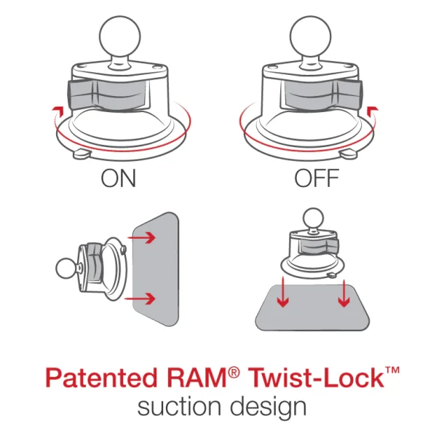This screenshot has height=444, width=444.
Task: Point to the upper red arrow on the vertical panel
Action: click(145, 236)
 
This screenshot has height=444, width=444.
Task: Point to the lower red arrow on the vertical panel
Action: click(145, 298)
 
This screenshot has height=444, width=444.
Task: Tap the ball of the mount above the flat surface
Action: click(313, 218)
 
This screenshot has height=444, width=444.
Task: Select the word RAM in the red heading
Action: click(204, 380)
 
